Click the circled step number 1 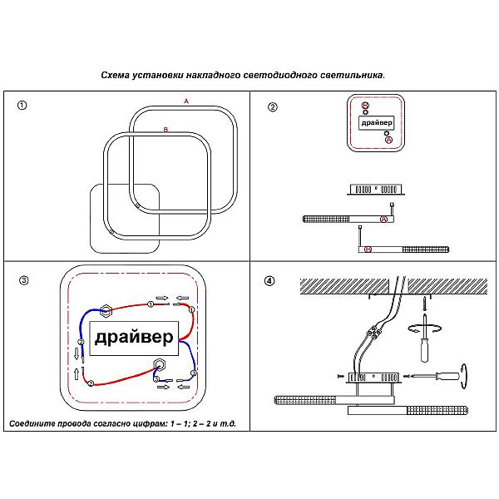[x=22, y=106]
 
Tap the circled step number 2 [x=272, y=106]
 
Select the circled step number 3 [x=23, y=280]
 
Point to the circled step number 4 [x=269, y=280]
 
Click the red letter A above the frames [x=186, y=101]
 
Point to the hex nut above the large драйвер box [x=106, y=311]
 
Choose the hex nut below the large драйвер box [x=159, y=363]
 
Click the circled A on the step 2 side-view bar [x=383, y=219]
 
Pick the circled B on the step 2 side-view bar [x=368, y=249]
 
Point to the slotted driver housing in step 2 [x=375, y=190]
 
